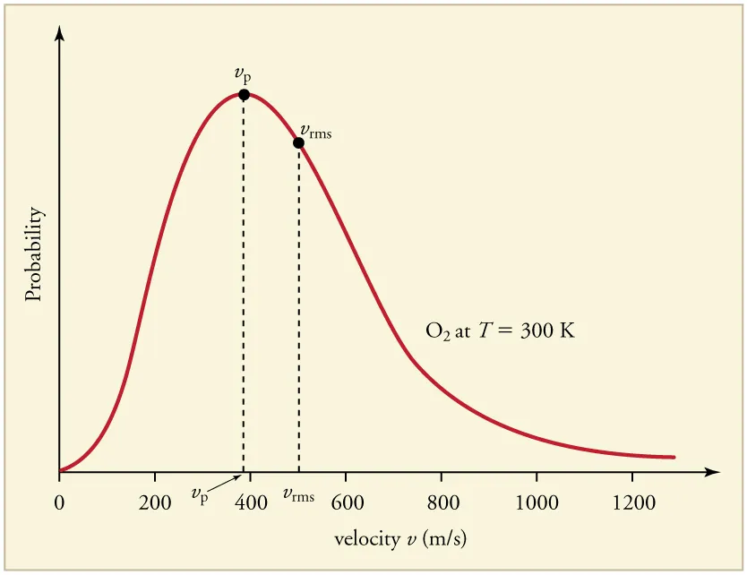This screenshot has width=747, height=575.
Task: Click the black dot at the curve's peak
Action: click(x=244, y=94)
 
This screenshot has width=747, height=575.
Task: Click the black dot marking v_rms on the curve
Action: click(x=298, y=142)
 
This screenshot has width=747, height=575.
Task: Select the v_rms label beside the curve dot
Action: click(x=315, y=132)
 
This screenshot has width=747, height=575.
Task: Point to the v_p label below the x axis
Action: click(x=200, y=494)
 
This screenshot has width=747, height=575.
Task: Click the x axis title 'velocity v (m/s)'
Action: click(x=400, y=539)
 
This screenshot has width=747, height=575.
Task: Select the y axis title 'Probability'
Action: click(x=34, y=254)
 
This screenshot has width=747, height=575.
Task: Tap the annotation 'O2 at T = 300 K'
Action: click(x=500, y=330)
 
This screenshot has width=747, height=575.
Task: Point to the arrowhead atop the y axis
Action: click(x=59, y=33)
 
